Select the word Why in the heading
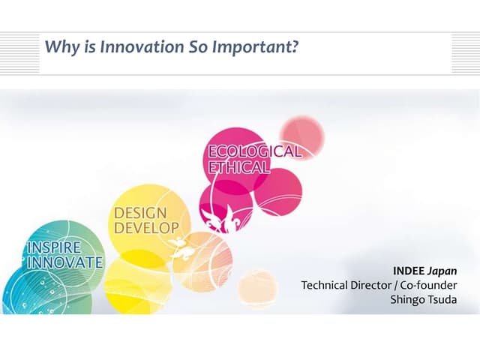click(58, 47)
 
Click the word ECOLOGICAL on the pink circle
click(254, 151)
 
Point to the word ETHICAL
click(238, 167)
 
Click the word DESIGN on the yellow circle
click(139, 213)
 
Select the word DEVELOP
click(146, 226)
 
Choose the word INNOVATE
click(64, 262)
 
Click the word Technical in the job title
click(325, 285)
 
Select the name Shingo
click(409, 300)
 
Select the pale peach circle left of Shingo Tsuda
click(257, 288)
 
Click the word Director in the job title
click(372, 285)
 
